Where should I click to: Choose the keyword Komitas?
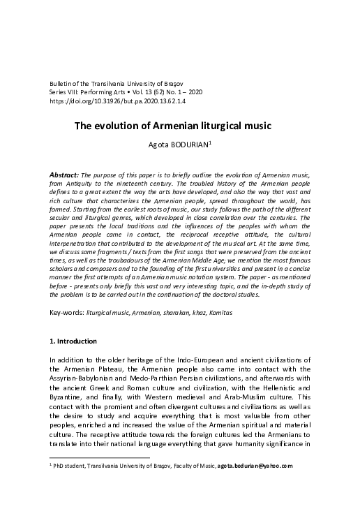point(220,312)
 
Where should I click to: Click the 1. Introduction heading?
point(77,341)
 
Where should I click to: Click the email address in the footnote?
point(255,466)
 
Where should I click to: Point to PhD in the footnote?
point(58,466)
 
